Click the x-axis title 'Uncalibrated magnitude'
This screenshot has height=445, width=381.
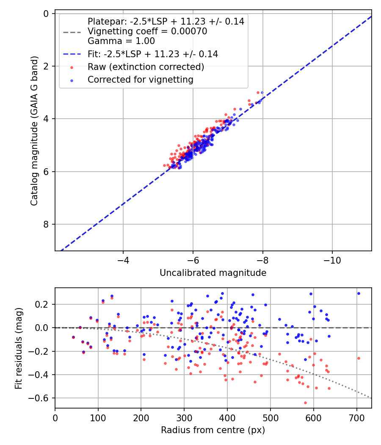coord(213,273)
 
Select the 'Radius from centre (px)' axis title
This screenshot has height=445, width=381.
coord(213,430)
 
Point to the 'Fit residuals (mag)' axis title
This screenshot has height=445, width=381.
coord(18,348)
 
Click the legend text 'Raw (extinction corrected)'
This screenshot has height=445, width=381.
coord(146,67)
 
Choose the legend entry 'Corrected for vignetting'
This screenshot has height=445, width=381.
coord(140,80)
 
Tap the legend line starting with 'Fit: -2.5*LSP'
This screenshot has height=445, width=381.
coord(153,54)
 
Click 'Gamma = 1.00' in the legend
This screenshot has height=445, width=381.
coord(121,41)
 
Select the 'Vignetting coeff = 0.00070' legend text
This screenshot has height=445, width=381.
coord(147,31)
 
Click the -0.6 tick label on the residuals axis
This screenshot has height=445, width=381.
coord(41,398)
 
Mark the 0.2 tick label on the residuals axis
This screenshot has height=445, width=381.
coord(44,304)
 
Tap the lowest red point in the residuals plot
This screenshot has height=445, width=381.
coord(305,403)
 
